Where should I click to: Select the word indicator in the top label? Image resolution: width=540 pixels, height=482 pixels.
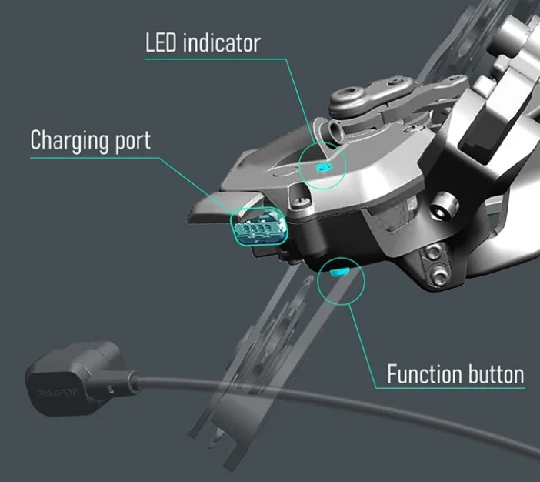pos(222,43)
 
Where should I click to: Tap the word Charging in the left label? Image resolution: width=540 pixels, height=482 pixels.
pos(70,141)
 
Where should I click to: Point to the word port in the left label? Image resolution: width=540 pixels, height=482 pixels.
pos(133,142)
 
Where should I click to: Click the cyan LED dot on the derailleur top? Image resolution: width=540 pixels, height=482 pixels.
pos(323,168)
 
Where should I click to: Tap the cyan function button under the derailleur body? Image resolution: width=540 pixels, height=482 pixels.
pos(339,273)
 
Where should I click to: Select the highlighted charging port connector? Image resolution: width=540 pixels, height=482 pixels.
pos(259,227)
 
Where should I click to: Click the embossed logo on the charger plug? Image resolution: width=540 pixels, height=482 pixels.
pos(58,393)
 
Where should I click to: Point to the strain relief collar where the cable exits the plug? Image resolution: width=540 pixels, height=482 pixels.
pos(133,381)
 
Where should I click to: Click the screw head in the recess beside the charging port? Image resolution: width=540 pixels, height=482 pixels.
pos(301,202)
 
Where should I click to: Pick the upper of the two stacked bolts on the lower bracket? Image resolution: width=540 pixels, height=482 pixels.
pos(433,253)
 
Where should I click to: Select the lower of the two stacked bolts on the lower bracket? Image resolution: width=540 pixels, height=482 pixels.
pos(439,276)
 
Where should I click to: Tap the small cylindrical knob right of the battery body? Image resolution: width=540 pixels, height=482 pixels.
pos(445,205)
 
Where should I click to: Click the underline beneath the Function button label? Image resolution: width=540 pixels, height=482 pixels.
pos(450,389)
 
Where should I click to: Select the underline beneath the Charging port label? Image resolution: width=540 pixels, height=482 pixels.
pos(95,158)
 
